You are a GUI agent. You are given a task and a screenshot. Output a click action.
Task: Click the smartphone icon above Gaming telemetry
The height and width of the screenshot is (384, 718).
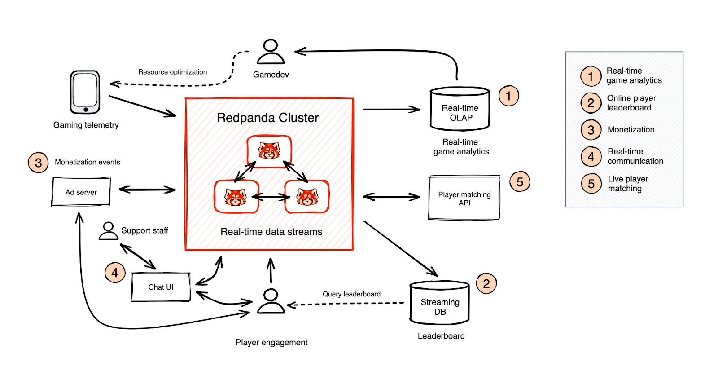[85, 92]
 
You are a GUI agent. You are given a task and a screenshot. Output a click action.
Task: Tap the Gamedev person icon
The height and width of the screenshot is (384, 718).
[271, 52]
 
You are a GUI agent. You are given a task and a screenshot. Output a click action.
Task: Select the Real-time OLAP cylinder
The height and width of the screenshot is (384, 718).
[460, 109]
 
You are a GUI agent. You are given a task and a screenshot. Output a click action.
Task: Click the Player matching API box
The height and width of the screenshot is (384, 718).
[464, 198]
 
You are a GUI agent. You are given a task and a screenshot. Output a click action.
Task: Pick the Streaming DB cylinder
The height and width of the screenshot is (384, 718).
[440, 303]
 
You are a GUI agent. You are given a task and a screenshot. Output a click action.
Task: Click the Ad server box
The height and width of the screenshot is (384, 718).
[81, 192]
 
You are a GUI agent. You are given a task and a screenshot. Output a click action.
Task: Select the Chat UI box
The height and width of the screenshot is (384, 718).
[161, 287]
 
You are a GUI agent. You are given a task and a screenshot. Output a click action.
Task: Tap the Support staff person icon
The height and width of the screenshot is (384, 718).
[108, 231]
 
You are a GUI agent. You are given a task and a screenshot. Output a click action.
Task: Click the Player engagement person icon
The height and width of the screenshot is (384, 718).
[271, 301]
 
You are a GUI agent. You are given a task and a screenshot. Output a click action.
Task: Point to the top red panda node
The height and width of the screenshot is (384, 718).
[269, 151]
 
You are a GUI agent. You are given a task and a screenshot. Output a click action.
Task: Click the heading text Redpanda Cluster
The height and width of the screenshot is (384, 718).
[267, 118]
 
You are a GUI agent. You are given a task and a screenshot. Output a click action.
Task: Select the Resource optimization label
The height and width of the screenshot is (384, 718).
[172, 72]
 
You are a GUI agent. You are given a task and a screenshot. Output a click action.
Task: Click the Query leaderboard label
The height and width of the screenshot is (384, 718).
[351, 294]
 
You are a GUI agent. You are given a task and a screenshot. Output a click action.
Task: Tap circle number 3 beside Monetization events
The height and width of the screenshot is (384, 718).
[38, 163]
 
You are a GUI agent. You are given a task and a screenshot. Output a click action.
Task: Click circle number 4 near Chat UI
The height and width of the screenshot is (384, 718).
[115, 273]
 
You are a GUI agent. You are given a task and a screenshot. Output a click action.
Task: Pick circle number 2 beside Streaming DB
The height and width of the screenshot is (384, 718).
[486, 283]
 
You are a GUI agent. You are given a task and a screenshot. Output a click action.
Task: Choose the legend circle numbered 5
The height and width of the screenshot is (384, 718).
[591, 184]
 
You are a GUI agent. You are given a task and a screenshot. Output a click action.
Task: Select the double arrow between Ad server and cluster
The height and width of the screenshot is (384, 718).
[147, 190]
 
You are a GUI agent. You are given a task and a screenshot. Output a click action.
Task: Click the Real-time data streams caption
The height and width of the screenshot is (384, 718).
[271, 232]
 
